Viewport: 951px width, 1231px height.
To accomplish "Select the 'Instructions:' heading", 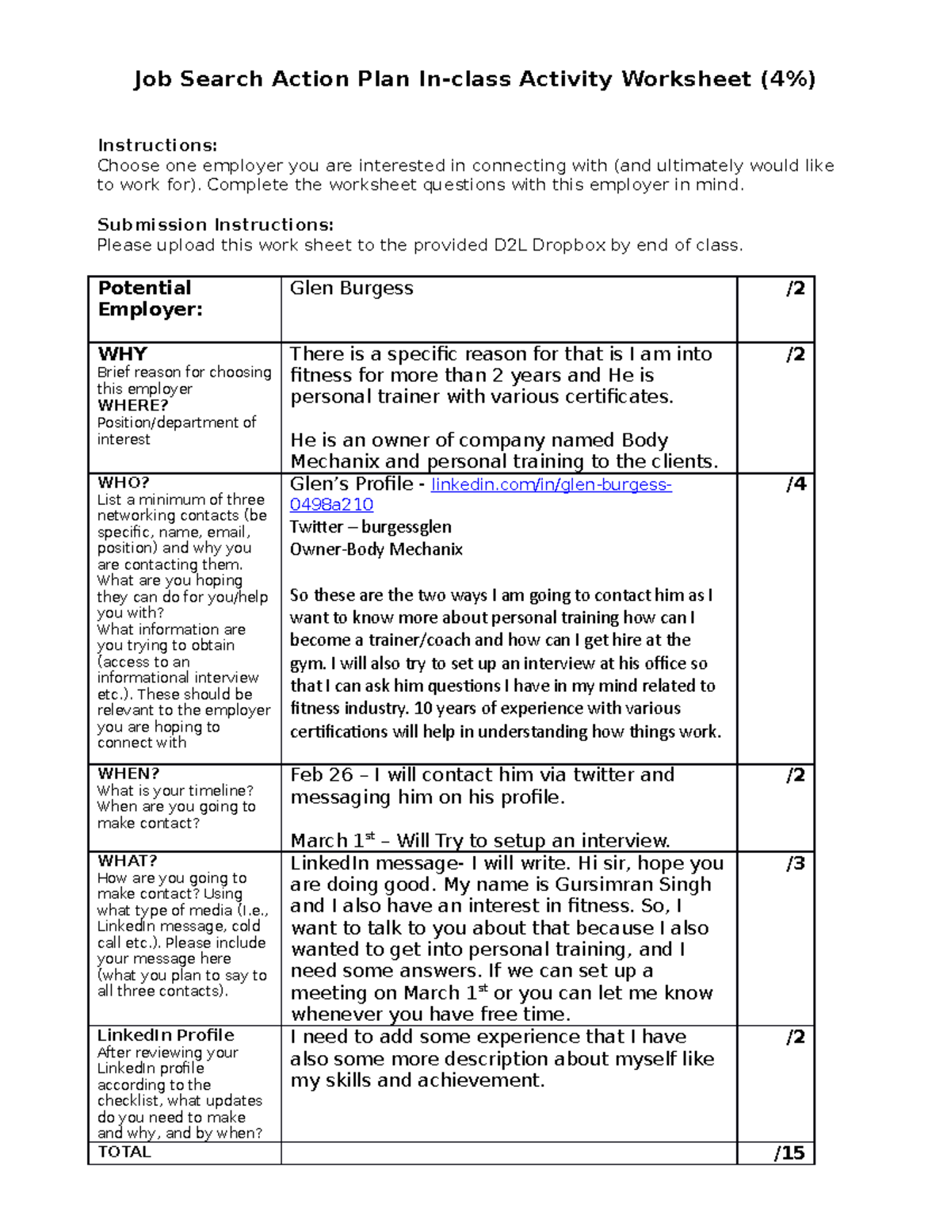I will coord(157,145).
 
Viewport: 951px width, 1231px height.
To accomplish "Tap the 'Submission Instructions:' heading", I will coord(215,224).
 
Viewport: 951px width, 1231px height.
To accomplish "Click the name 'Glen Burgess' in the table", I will coord(351,289).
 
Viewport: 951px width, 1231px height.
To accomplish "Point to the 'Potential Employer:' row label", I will coord(149,299).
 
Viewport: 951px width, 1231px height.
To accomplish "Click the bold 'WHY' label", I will coord(122,354).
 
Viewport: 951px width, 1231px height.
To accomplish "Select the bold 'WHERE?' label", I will coord(132,405).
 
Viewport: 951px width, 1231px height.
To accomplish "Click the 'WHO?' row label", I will coord(124,483).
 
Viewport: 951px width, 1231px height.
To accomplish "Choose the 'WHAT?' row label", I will coord(127,861).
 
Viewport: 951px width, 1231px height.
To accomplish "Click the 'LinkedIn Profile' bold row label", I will coord(166,1035).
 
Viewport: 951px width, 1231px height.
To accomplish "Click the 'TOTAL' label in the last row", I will coord(124,1152).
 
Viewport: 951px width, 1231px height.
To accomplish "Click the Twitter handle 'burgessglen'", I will coord(407,527).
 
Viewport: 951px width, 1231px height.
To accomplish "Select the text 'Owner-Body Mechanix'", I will coord(376,549).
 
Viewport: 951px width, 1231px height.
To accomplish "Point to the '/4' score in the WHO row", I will coord(796,484).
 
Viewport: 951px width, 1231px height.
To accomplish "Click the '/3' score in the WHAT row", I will coord(796,863).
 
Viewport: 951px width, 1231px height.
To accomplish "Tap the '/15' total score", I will coord(789,1153).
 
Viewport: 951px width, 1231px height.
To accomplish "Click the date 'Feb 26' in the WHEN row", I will coord(321,775).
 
